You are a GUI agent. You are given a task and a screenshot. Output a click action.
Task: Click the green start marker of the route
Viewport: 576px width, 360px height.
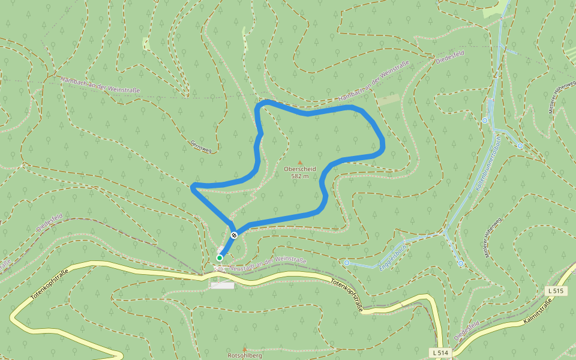pos(220,258)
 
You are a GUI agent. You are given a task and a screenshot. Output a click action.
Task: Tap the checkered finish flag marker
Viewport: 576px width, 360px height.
pos(234,235)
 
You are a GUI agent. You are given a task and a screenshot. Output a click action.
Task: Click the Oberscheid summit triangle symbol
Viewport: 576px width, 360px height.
pos(300,162)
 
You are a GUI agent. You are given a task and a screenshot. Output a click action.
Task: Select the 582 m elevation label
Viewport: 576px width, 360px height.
pos(300,176)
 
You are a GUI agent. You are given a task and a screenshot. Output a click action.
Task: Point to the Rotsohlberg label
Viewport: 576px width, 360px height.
pos(244,355)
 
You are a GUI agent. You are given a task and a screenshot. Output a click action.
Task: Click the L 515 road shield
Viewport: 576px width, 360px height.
pos(556,291)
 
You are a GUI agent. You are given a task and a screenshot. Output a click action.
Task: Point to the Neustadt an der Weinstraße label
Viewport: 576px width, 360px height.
pos(268,263)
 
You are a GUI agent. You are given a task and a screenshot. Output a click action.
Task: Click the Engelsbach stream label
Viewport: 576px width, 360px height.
pos(393,256)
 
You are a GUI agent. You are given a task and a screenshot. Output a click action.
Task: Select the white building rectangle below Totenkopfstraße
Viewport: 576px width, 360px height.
pos(222,286)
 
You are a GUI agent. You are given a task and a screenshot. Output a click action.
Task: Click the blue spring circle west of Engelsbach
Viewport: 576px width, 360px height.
pos(347,262)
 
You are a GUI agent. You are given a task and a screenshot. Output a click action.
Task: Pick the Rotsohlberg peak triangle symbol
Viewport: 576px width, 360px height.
pos(244,349)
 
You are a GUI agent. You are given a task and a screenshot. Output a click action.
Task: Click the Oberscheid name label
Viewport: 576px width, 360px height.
pos(300,169)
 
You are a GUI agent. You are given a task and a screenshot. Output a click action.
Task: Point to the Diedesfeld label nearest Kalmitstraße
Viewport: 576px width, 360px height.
pos(466,331)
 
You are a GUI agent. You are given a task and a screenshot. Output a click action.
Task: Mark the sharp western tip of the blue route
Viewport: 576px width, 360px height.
pos(192,187)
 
